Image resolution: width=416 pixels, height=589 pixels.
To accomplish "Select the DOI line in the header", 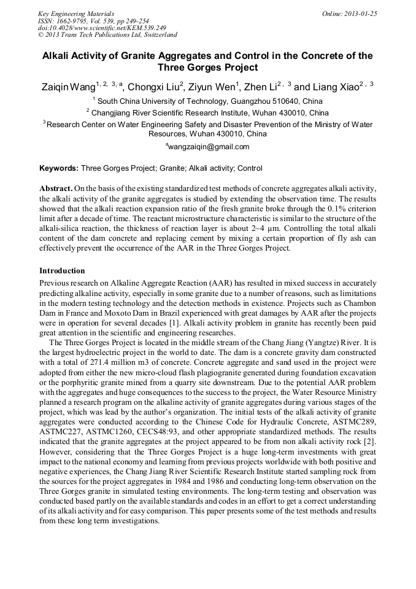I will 102,28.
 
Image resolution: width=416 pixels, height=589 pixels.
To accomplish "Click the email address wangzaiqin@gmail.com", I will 209,147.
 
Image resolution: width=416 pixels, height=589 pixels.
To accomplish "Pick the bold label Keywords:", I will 59,168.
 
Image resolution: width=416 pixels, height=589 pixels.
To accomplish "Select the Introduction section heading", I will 62,271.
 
